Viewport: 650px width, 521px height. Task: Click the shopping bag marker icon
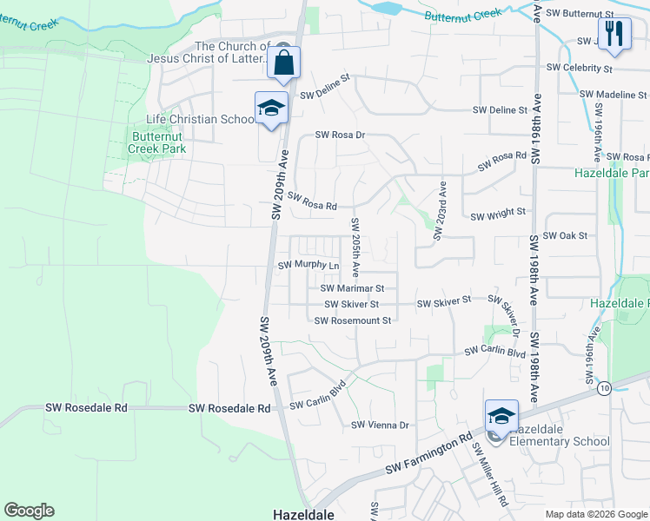[283, 63]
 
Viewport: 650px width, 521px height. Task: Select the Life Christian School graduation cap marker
[271, 109]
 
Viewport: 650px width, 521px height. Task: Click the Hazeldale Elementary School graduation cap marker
[501, 417]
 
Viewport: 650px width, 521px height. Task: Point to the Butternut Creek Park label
[159, 142]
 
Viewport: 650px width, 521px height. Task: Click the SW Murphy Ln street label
[308, 265]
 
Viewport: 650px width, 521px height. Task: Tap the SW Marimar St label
[352, 288]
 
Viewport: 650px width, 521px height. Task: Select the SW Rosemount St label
[353, 320]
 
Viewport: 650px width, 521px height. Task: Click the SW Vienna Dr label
[380, 425]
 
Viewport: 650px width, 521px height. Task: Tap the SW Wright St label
[498, 212]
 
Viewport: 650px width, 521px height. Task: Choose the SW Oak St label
[565, 235]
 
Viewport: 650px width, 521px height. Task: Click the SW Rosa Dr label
[340, 135]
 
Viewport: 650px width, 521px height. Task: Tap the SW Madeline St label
[612, 94]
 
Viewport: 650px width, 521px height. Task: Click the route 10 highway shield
[604, 387]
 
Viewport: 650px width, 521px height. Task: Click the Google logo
[29, 511]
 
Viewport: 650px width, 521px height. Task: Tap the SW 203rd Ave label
[441, 206]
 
